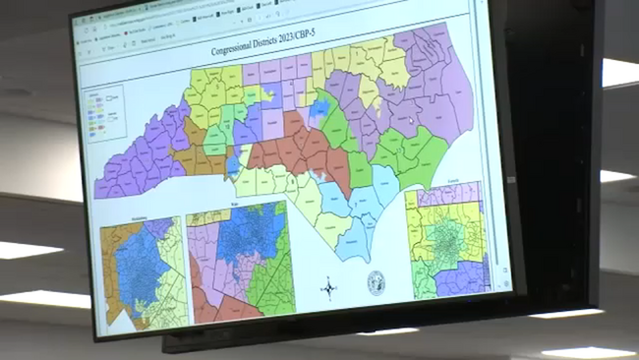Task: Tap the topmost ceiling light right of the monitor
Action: tap(618, 72)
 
